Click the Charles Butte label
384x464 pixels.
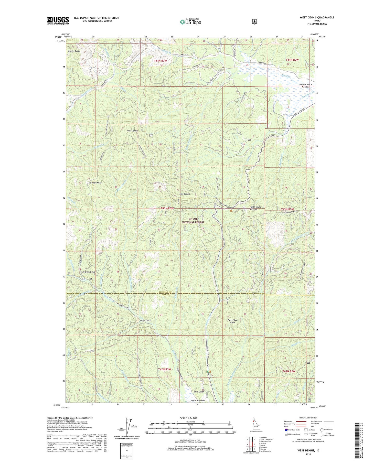click(74, 51)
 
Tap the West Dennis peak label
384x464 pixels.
click(132, 131)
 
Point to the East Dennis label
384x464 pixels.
click(185, 194)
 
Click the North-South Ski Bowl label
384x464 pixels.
click(255, 208)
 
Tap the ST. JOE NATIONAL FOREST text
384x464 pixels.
click(193, 221)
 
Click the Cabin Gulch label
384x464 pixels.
click(145, 320)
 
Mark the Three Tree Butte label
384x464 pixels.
click(232, 321)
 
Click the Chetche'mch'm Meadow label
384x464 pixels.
click(302, 86)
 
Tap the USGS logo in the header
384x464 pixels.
click(58, 20)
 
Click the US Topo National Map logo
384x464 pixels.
click(190, 21)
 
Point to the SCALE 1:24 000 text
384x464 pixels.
click(190, 418)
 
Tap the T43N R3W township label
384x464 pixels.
click(167, 208)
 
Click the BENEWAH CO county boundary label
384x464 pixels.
click(165, 292)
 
